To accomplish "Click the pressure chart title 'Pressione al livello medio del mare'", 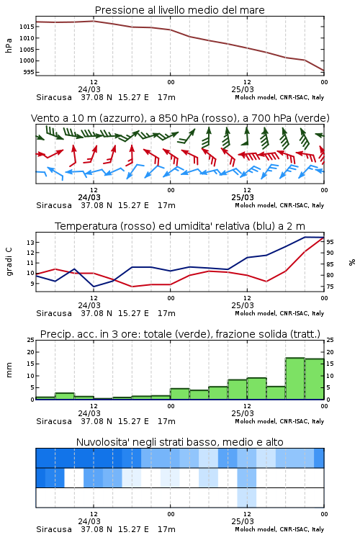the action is click(x=179, y=10).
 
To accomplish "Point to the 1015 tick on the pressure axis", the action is click(x=27, y=27).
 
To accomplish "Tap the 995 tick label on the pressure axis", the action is click(x=29, y=72).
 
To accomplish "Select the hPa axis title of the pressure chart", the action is click(x=9, y=45).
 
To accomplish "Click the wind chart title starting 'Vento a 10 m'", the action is click(x=180, y=118).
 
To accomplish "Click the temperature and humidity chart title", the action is click(x=180, y=226).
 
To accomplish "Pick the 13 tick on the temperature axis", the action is click(x=30, y=243).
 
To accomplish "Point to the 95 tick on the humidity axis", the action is click(x=330, y=242).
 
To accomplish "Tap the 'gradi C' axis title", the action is click(x=9, y=262).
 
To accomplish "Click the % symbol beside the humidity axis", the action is click(x=352, y=262).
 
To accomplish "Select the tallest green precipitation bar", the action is click(x=295, y=379).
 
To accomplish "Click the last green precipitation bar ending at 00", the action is click(x=315, y=379).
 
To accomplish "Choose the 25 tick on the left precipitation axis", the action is click(x=30, y=340).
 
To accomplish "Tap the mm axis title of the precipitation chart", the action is click(x=9, y=370).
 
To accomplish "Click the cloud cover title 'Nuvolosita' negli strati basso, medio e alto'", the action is click(x=180, y=442).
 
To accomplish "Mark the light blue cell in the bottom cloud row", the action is click(x=247, y=498).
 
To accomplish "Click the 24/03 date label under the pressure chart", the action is click(x=89, y=89).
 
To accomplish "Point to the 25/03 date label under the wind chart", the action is click(x=243, y=198).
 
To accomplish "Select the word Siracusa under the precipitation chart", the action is click(x=54, y=421).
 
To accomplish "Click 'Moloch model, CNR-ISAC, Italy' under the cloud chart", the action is click(x=279, y=529).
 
